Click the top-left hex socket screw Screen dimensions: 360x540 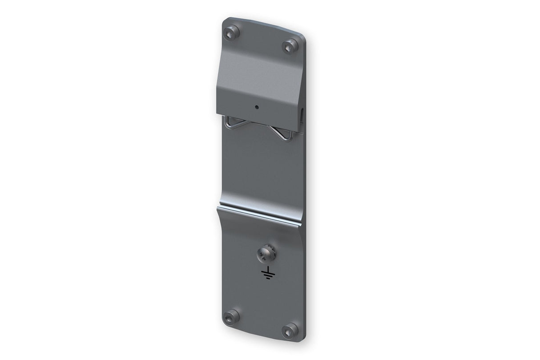tap(232, 34)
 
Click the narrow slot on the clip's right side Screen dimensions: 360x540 tap(301, 115)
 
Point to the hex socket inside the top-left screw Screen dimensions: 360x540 tap(232, 34)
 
